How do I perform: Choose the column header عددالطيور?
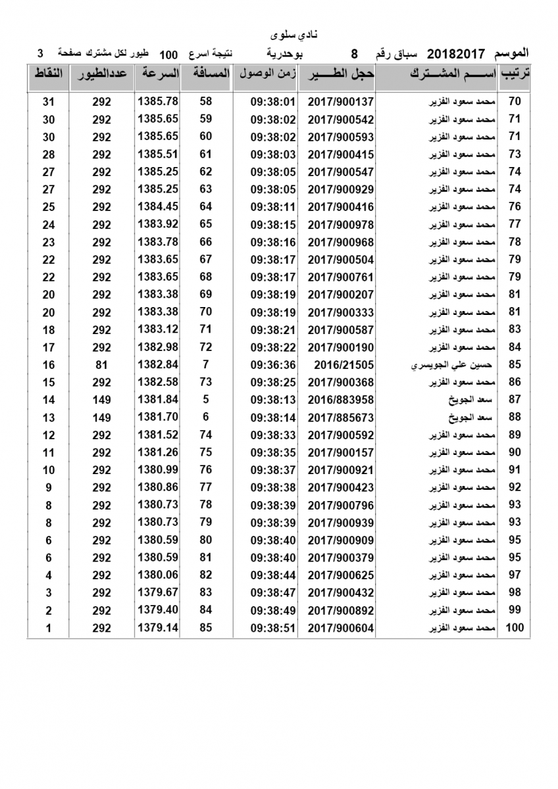coord(102,74)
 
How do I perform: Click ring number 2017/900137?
coord(340,102)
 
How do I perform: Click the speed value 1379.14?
coord(158,628)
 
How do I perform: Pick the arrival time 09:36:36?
coord(273,365)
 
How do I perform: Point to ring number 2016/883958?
coord(340,400)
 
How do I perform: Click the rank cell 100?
coord(515,628)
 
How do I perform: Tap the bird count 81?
coord(101,365)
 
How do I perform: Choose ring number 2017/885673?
coord(340,418)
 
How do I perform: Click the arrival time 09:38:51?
coord(273,628)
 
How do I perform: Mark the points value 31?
coord(47,102)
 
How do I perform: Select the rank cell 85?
coord(515,365)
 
